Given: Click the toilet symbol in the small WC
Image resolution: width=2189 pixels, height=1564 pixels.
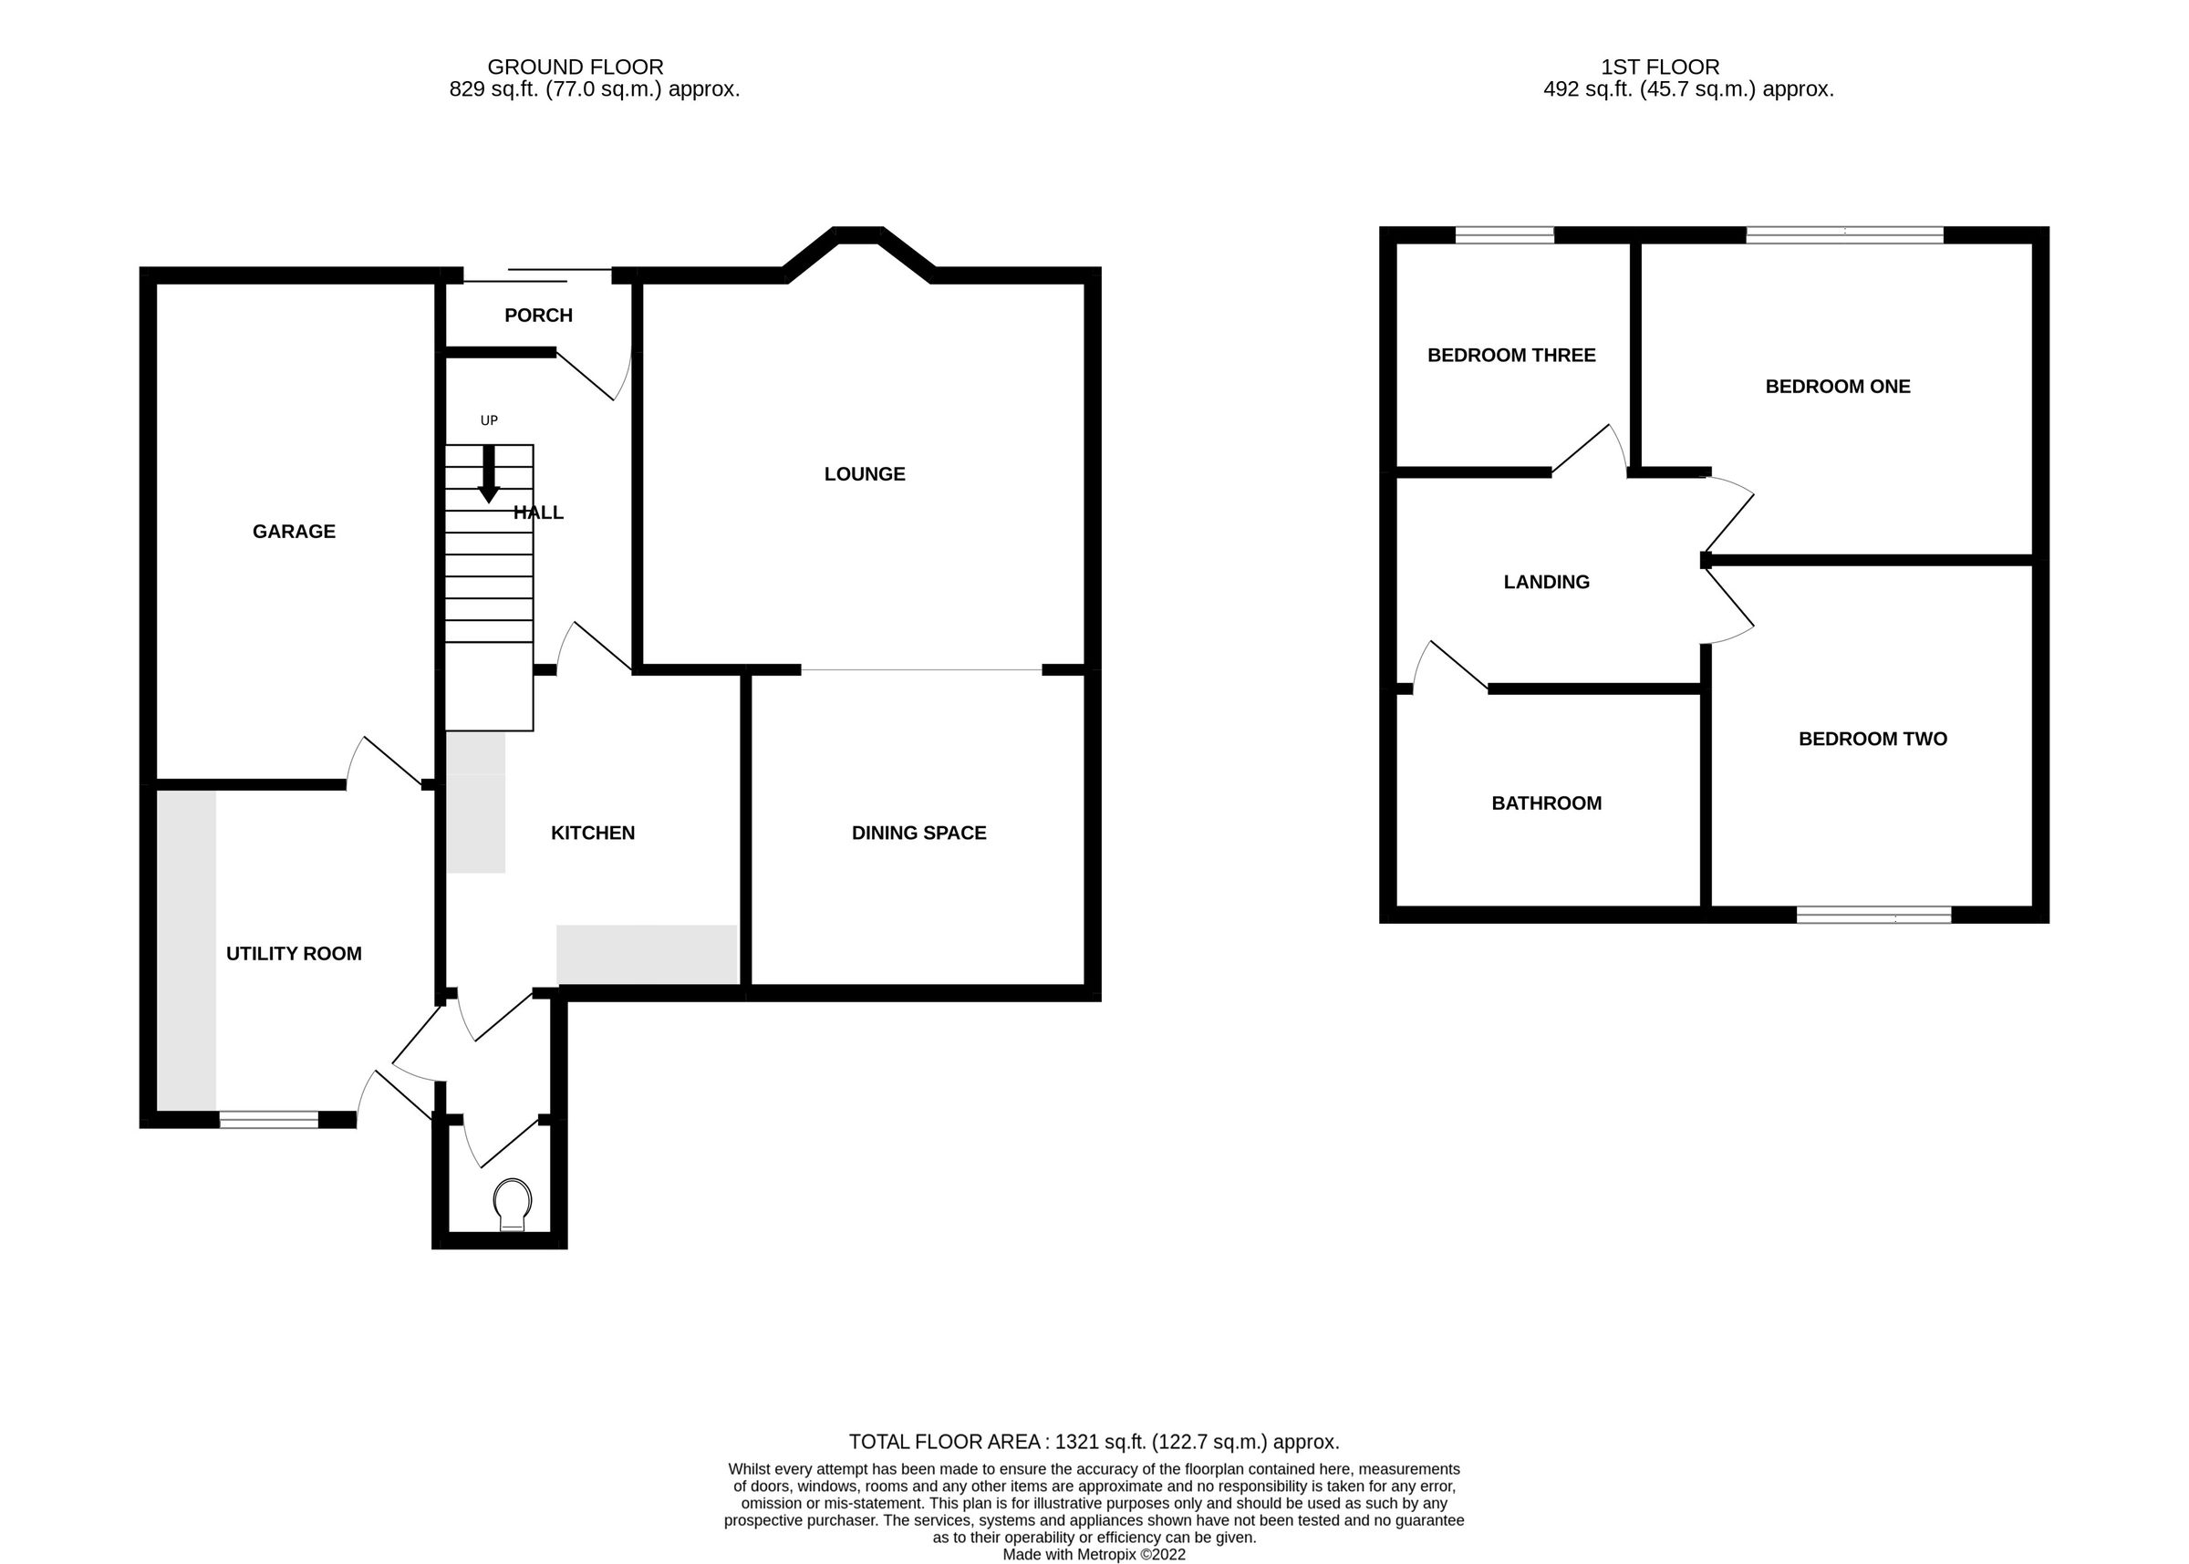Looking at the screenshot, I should pyautogui.click(x=512, y=1205).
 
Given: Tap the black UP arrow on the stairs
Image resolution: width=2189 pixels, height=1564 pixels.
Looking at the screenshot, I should pyautogui.click(x=488, y=474).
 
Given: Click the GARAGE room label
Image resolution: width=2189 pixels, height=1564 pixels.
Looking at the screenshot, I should pyautogui.click(x=294, y=532).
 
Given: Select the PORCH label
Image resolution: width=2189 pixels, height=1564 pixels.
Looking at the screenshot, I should pyautogui.click(x=538, y=315).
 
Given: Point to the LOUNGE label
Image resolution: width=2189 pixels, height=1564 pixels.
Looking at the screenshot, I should pyautogui.click(x=864, y=474).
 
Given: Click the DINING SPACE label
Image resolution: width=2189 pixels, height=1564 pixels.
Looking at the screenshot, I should pyautogui.click(x=918, y=833).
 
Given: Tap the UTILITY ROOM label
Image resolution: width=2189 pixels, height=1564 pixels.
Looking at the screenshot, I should pyautogui.click(x=294, y=953).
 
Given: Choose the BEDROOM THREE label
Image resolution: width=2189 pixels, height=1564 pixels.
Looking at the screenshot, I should pyautogui.click(x=1510, y=356).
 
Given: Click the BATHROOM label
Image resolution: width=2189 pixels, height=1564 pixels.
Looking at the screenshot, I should pyautogui.click(x=1546, y=803).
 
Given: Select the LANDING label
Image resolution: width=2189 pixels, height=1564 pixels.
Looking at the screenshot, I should pyautogui.click(x=1546, y=582).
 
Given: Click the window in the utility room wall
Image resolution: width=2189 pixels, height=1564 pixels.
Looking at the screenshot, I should pyautogui.click(x=269, y=1119).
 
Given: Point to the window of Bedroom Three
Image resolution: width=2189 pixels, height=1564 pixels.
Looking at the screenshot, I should pyautogui.click(x=1503, y=235).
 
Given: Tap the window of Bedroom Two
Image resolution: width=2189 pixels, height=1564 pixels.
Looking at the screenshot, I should pyautogui.click(x=1873, y=914).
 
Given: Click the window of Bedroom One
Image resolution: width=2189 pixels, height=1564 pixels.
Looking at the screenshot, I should pyautogui.click(x=1843, y=235).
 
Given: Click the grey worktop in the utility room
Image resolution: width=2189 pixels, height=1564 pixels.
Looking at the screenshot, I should pyautogui.click(x=187, y=948).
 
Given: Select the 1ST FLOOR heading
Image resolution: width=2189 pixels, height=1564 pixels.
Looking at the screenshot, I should pyautogui.click(x=1659, y=67).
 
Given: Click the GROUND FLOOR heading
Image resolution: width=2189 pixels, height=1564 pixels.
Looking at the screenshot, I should pyautogui.click(x=575, y=67).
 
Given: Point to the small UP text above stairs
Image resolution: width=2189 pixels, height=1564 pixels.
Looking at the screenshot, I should pyautogui.click(x=488, y=420).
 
